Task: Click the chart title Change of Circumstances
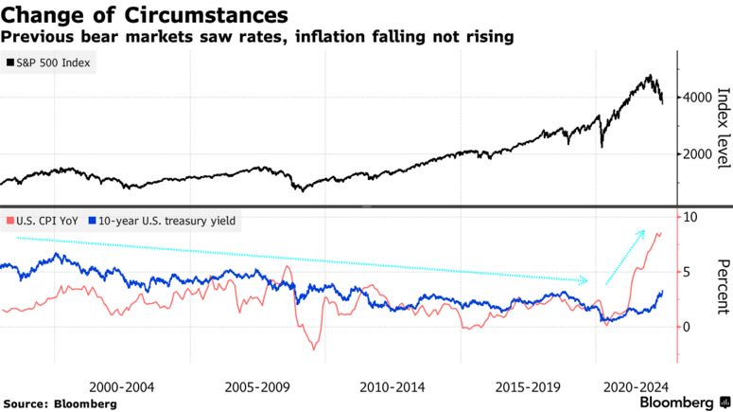pos(145,15)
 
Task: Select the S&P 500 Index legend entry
pos(50,63)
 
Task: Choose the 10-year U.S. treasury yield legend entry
pos(163,221)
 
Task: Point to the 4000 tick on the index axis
pos(700,98)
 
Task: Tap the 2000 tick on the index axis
pos(700,154)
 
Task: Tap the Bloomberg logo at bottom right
pos(677,403)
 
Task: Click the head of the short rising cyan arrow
pos(643,231)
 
